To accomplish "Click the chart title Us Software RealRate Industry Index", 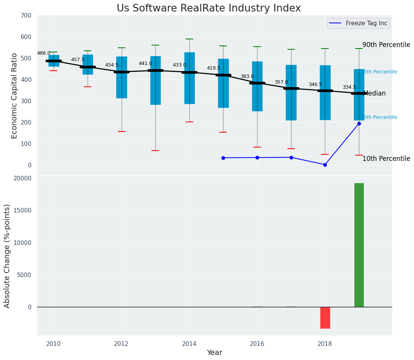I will click(209, 8).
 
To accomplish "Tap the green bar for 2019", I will click(359, 245).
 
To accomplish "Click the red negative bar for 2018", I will click(325, 318).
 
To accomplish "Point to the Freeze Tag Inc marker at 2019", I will click(359, 123).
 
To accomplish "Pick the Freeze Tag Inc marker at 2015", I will click(223, 158).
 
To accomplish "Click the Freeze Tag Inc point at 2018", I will click(325, 165).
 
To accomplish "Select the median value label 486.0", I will click(44, 53).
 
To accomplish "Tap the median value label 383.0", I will click(247, 76).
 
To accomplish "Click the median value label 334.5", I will click(349, 87).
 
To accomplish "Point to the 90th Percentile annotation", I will click(386, 45).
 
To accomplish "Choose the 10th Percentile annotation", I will click(386, 159).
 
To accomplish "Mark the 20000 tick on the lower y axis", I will click(23, 178).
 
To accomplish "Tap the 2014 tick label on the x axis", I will click(189, 344).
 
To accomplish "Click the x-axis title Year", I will click(214, 353).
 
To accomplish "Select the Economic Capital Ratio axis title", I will click(15, 96).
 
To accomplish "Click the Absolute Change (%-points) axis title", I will click(7, 256).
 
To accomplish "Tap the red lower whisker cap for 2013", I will click(155, 151).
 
